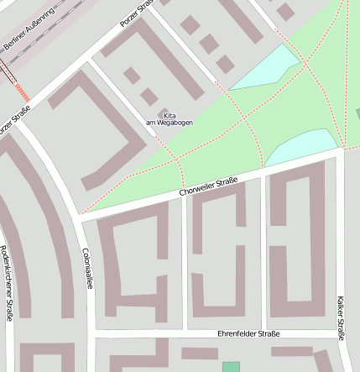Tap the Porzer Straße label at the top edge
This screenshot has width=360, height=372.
135,12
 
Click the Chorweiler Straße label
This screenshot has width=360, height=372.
209,186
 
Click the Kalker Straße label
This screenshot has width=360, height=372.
340,317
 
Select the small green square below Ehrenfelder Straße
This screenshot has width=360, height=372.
231,367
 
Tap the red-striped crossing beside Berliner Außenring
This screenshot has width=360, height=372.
22,88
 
